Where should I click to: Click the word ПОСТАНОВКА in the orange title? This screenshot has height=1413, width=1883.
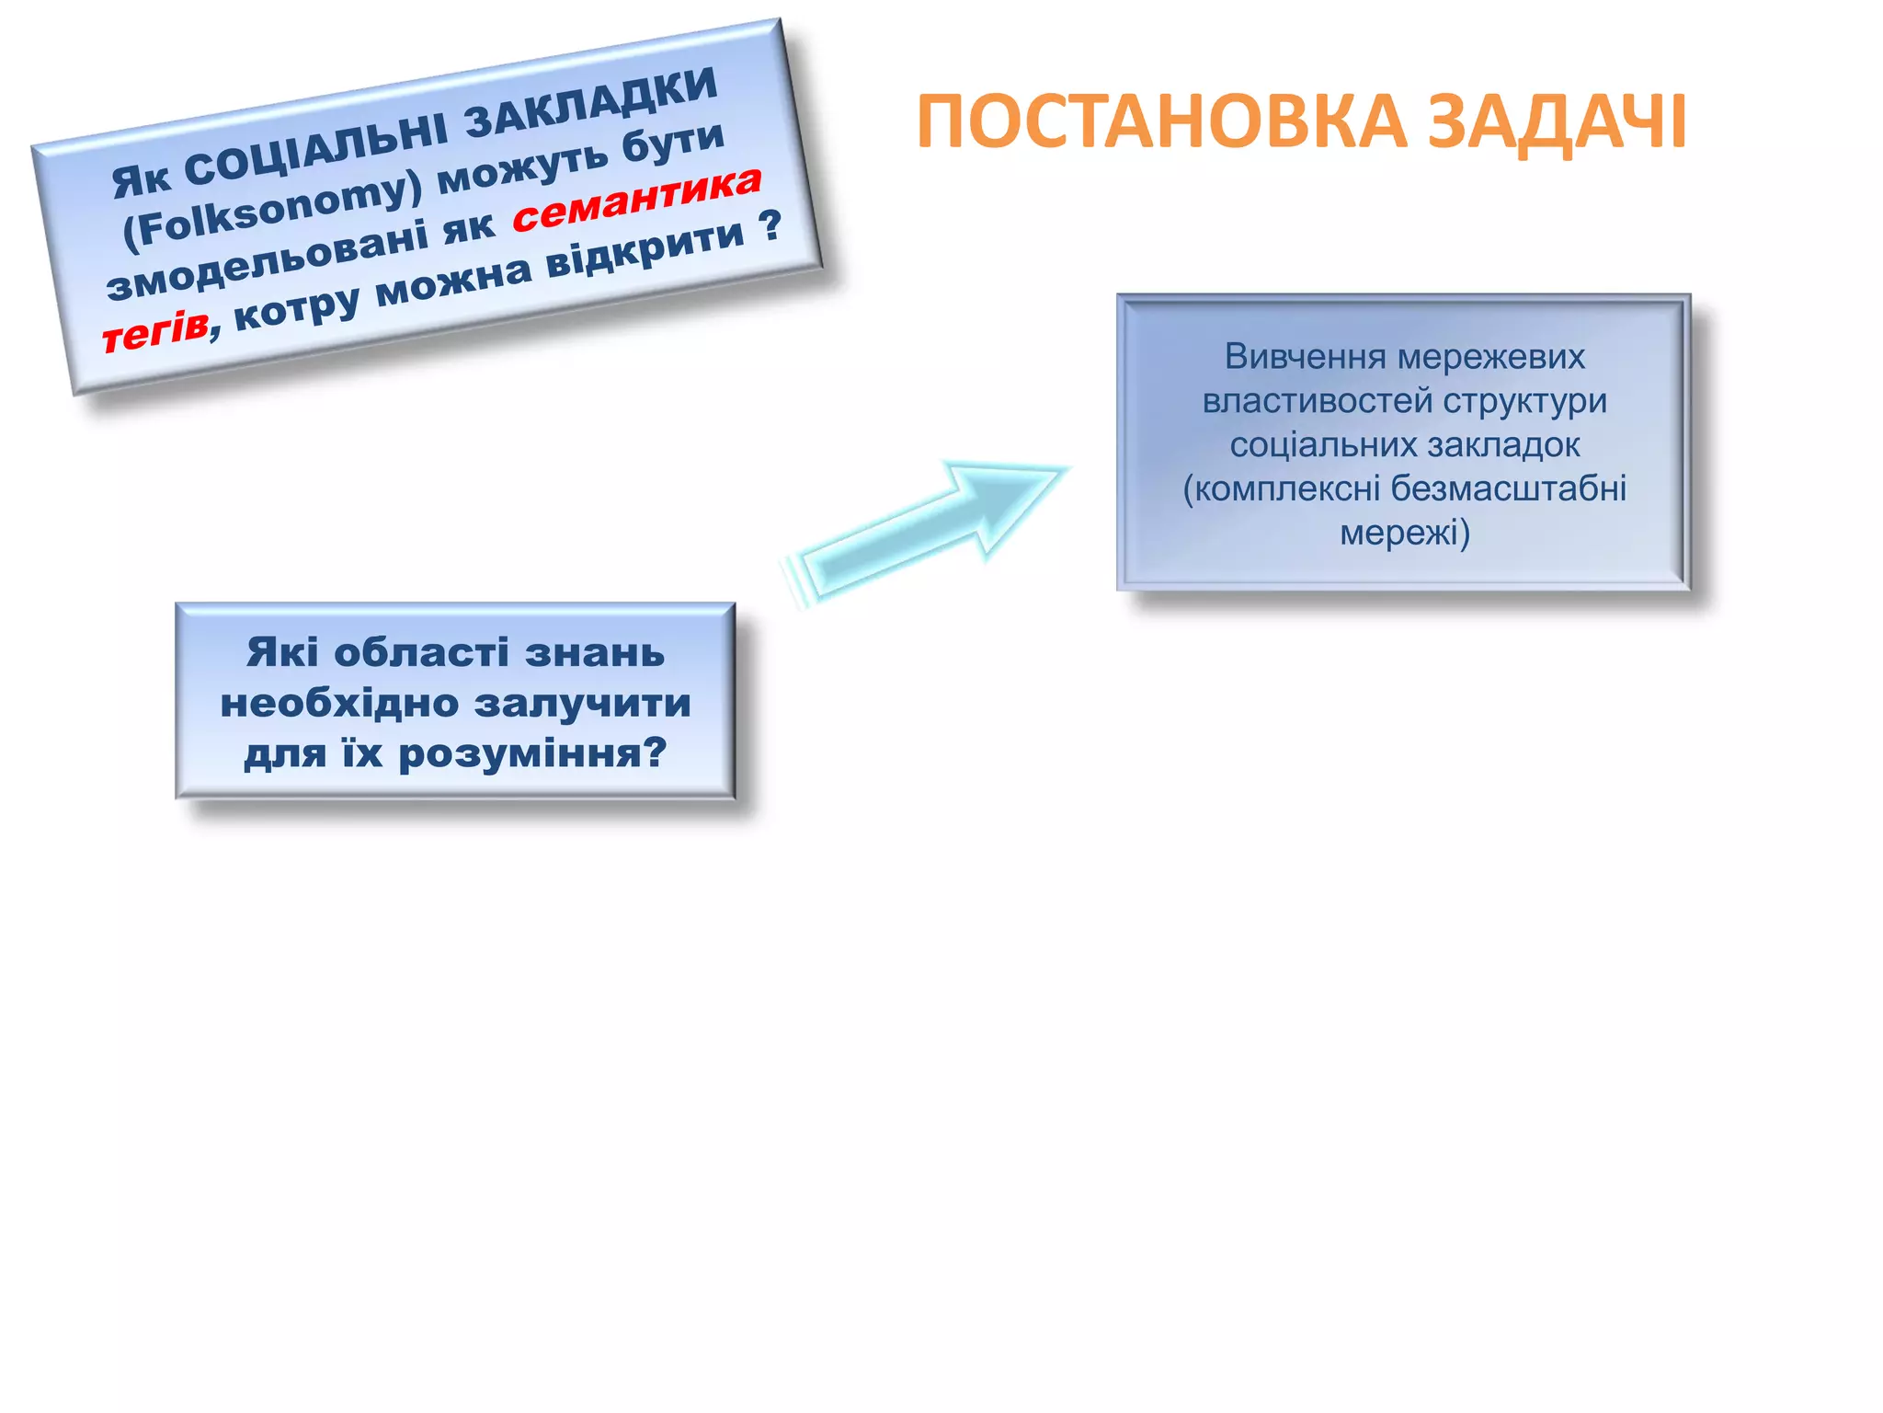(1161, 122)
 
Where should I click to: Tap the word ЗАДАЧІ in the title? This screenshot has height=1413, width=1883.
(1557, 122)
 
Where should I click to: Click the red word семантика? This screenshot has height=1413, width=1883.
(636, 200)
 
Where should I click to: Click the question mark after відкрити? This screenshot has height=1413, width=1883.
(770, 224)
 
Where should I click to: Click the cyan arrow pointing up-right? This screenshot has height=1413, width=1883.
(929, 529)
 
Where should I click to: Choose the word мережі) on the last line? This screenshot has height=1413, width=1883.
(1404, 533)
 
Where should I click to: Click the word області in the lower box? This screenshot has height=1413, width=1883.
(420, 653)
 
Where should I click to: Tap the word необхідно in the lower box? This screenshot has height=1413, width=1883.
(339, 704)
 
